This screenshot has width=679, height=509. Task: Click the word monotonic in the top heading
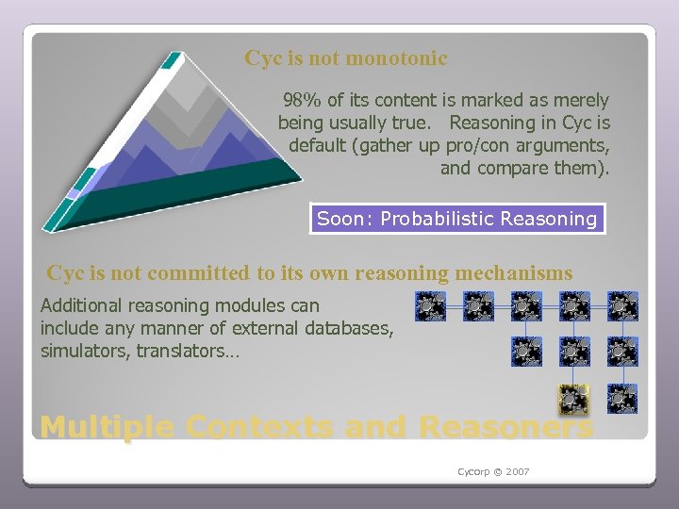(x=396, y=58)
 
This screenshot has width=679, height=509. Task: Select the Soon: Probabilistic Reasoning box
(x=457, y=220)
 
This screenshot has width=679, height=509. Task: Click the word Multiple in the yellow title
(x=107, y=427)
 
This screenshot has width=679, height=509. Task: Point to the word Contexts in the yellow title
(x=259, y=427)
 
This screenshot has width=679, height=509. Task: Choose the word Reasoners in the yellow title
(x=505, y=427)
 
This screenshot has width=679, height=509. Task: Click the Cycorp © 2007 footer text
(x=493, y=471)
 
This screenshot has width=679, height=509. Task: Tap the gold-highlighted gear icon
(x=570, y=399)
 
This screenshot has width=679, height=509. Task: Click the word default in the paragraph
(x=319, y=146)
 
